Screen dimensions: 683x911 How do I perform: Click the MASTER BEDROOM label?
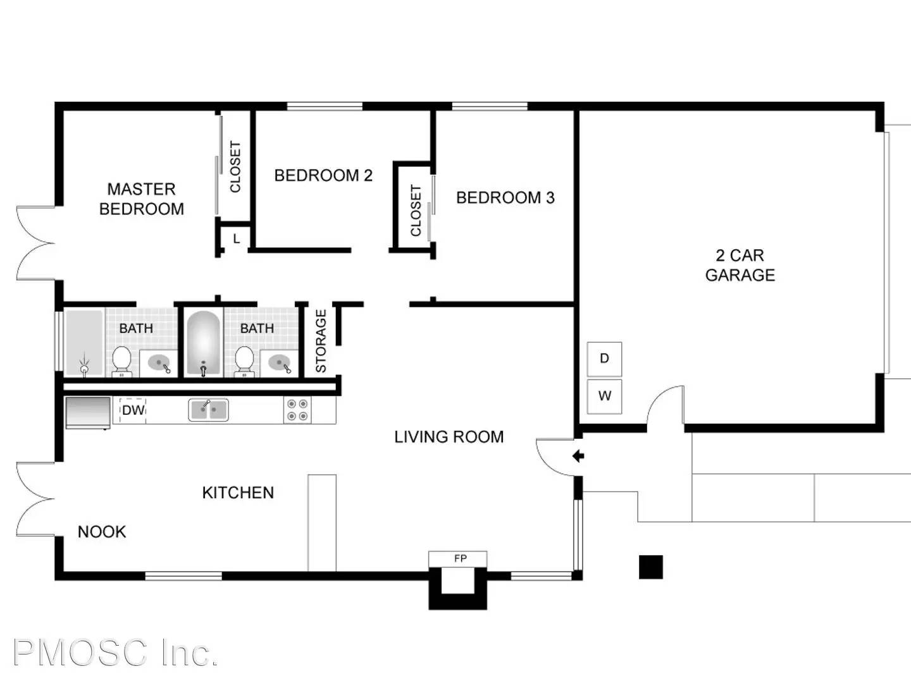142,199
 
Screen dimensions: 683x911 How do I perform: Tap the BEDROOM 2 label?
323,175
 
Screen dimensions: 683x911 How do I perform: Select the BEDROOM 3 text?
505,197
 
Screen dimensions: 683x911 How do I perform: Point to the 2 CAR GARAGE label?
740,265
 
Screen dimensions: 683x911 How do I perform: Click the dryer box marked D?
604,359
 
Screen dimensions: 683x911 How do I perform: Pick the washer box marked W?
604,397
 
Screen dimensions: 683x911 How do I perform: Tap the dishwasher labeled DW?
133,410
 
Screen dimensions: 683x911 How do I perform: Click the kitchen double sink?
208,410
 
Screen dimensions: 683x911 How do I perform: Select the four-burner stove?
297,410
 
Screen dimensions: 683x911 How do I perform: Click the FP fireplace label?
460,558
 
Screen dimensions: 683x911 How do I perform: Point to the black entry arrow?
578,456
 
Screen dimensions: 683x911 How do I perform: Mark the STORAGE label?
321,341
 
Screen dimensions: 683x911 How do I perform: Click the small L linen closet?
236,239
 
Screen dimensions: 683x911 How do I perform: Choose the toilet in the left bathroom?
121,360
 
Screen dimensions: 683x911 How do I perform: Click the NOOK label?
102,532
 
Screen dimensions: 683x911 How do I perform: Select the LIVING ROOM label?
449,436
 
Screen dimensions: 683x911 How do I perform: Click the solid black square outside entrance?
650,567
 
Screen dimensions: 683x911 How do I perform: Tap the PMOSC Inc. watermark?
115,653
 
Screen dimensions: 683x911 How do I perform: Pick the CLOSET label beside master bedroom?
235,166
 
